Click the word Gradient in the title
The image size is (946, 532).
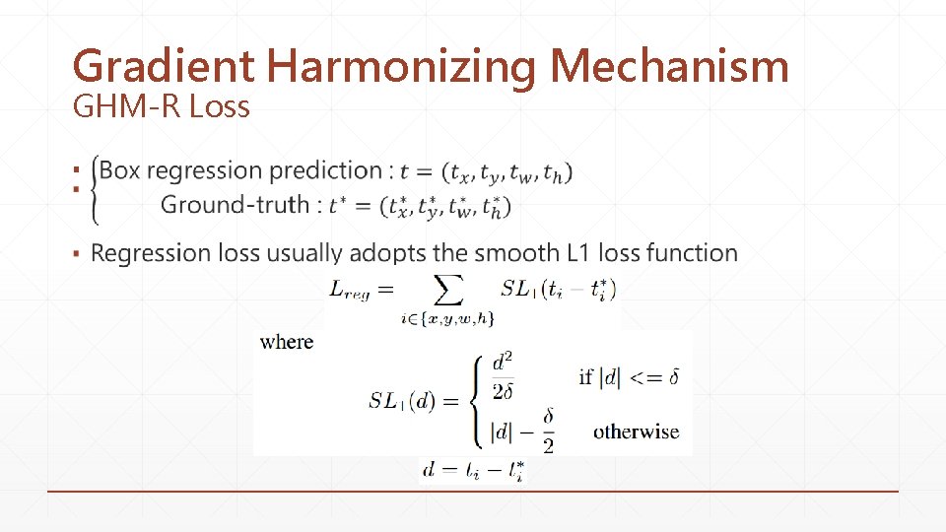[164, 67]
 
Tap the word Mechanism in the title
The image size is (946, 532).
[670, 67]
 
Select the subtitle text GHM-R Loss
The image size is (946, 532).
[162, 106]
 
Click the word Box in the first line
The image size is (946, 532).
[120, 170]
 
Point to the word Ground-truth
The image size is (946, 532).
[234, 205]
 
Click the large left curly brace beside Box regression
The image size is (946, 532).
[95, 187]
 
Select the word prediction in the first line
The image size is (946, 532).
[325, 170]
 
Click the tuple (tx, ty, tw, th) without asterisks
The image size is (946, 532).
[506, 172]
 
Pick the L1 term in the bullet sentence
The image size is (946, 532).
[580, 253]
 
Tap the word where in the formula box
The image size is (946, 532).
[287, 342]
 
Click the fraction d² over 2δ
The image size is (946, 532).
[503, 377]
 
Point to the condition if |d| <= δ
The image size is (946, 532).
[629, 376]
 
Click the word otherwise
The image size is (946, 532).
[636, 432]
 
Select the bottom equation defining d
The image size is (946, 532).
[473, 471]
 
